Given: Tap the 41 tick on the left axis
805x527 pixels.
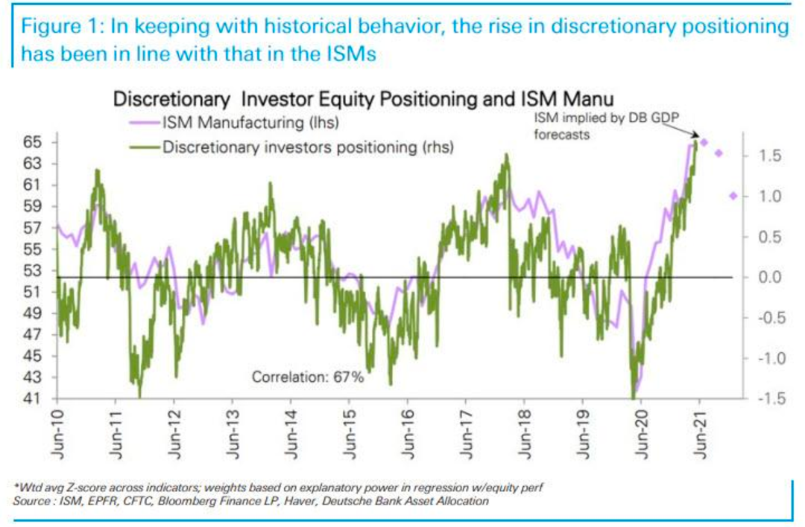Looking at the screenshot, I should tap(37, 399).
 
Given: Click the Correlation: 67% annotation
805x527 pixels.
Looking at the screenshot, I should tap(307, 377).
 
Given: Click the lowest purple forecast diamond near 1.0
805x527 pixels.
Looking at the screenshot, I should tap(733, 196).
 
